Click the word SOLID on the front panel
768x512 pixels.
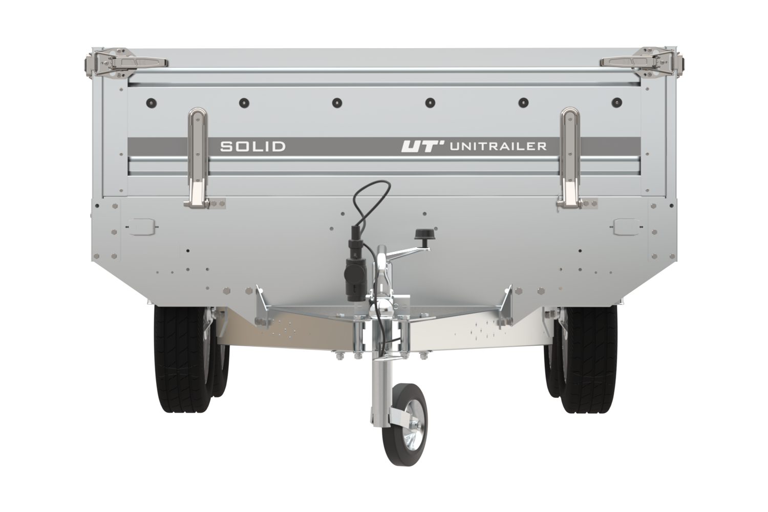pyautogui.click(x=253, y=146)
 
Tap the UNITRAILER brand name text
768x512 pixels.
pyautogui.click(x=498, y=146)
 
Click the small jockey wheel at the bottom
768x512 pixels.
pyautogui.click(x=404, y=425)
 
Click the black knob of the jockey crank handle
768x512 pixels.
pyautogui.click(x=423, y=234)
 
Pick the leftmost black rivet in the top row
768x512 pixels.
pyautogui.click(x=151, y=102)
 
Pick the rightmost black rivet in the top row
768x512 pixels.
pyautogui.click(x=617, y=102)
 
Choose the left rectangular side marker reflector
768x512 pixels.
pyautogui.click(x=142, y=227)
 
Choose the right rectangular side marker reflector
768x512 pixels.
pyautogui.click(x=626, y=227)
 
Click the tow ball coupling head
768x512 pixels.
pyautogui.click(x=386, y=306)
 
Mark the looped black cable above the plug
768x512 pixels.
pyautogui.click(x=372, y=202)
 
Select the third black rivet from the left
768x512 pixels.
pyautogui.click(x=337, y=102)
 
